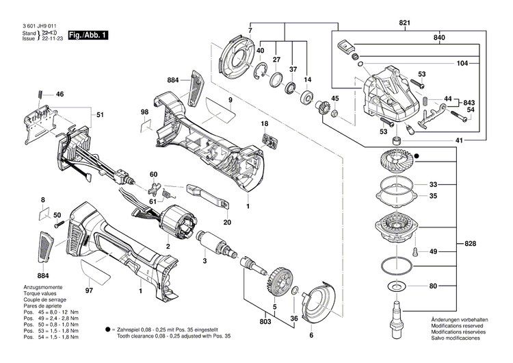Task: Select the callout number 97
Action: pos(88,291)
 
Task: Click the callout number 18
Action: pos(264,123)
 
